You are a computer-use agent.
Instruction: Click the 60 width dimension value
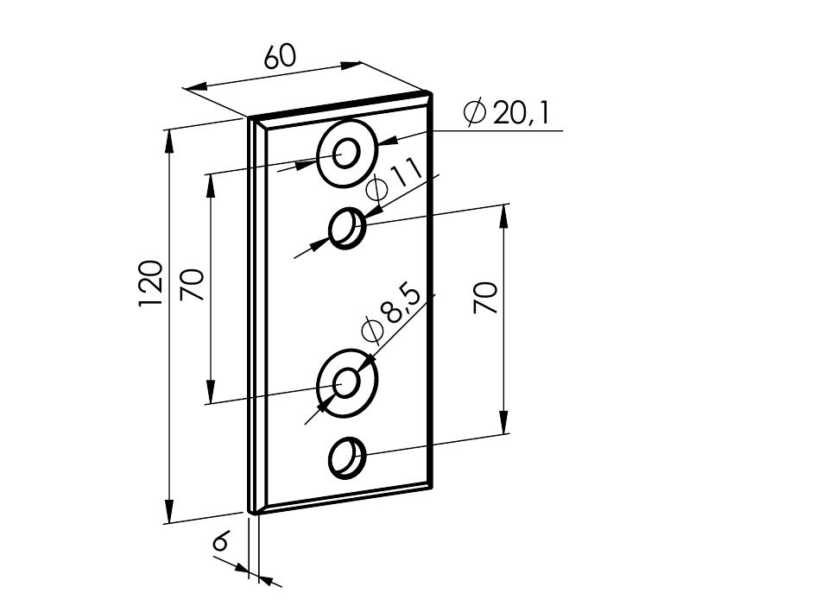280,56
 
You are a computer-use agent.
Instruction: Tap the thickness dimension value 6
221,541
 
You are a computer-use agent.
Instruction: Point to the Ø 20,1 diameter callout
506,113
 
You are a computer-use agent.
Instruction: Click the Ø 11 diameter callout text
394,179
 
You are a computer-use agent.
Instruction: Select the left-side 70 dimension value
192,285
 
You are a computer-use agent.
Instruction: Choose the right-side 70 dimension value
485,298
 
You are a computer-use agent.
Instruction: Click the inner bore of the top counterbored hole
346,153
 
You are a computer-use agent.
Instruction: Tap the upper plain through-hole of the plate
347,228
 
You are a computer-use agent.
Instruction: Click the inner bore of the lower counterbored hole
346,383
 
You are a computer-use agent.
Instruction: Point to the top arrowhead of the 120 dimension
168,142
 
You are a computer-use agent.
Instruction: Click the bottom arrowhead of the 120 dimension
168,510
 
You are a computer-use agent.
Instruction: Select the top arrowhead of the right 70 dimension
503,217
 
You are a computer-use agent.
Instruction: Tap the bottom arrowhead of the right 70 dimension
503,421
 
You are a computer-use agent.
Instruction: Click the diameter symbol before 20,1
474,112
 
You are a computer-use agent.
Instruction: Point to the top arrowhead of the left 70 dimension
210,186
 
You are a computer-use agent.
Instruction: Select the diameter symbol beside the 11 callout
376,189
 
